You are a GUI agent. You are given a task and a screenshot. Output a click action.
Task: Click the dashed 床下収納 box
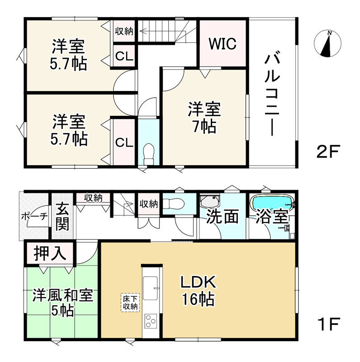pos(130,303)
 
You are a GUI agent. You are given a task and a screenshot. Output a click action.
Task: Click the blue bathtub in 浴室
pos(270,202)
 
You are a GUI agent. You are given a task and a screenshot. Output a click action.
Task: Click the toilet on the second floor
pos(148,154)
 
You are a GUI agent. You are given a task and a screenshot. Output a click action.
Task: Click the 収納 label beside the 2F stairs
pos(123,31)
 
